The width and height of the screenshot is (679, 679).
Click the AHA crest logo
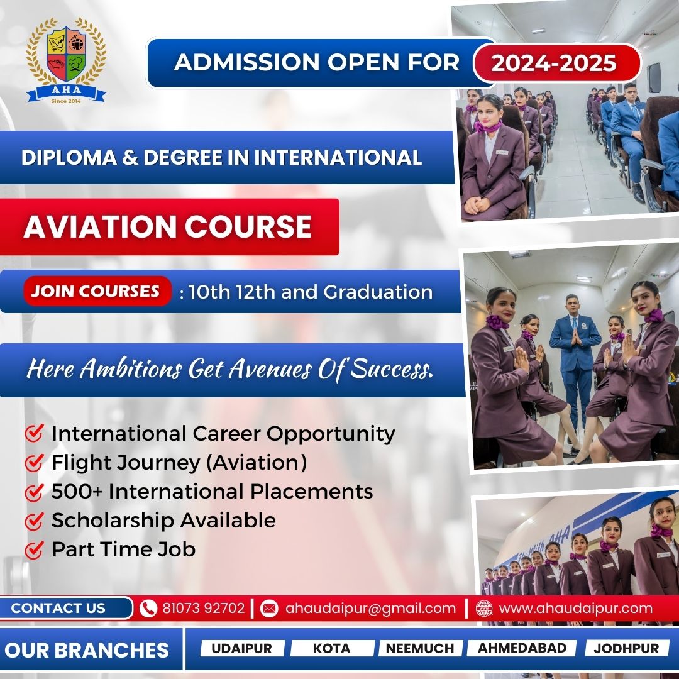tap(66, 60)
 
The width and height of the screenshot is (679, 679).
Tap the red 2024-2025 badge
tap(557, 62)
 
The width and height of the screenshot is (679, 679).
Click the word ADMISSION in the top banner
tap(247, 62)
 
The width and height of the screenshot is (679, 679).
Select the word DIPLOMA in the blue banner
tap(69, 157)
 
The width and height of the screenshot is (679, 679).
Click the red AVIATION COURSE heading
tap(168, 226)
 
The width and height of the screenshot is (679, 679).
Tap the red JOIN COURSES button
tap(96, 291)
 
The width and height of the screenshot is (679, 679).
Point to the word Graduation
tap(378, 292)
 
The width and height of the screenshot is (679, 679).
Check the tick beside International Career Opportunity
tap(34, 433)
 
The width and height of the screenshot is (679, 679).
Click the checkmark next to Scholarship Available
tap(34, 521)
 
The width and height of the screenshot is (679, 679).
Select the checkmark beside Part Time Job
tap(34, 549)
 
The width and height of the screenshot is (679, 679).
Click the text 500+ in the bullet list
tap(77, 492)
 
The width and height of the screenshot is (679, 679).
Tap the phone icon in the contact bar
tap(148, 608)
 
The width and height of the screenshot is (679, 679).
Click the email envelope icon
tap(269, 608)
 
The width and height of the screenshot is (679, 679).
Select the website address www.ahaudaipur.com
tap(575, 608)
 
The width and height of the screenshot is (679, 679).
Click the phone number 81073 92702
tap(204, 608)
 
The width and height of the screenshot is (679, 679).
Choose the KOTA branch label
tap(332, 648)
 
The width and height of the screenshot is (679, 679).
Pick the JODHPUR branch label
tap(626, 648)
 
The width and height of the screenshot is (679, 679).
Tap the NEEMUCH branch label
tap(419, 648)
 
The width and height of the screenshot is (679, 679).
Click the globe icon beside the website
tap(483, 608)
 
